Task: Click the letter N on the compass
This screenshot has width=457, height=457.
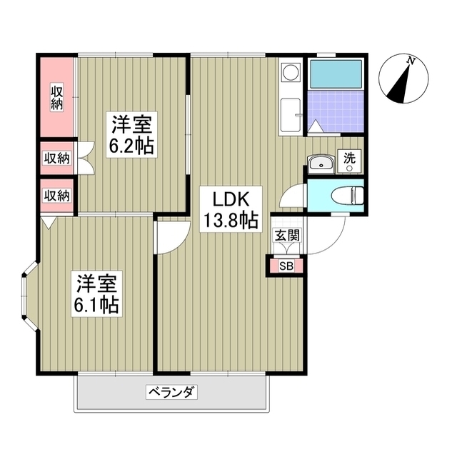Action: point(411,62)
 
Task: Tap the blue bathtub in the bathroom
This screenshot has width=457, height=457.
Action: point(335,74)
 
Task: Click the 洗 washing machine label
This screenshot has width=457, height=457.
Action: point(350,159)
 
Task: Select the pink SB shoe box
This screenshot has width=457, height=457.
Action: point(286,266)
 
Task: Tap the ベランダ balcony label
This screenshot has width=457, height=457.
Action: point(171,391)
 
